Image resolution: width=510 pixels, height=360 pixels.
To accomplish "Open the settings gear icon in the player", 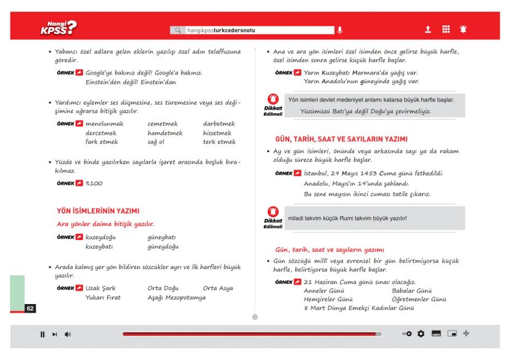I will coord(421,334).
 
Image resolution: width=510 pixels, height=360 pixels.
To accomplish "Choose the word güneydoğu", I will coord(163,246).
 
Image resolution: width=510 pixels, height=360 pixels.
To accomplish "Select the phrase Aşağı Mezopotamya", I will coord(176,297).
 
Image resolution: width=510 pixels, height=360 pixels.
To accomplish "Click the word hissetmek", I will coord(219,133).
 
